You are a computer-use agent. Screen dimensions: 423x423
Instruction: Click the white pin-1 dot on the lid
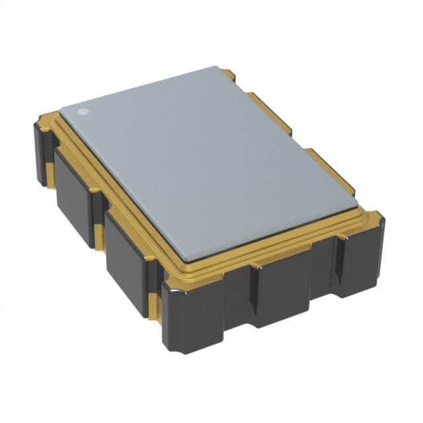(x=83, y=111)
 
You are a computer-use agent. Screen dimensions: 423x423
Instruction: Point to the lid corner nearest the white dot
(x=62, y=108)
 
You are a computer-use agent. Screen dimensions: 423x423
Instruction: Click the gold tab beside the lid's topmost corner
(x=228, y=74)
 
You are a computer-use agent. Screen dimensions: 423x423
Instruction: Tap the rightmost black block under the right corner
(x=360, y=254)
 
